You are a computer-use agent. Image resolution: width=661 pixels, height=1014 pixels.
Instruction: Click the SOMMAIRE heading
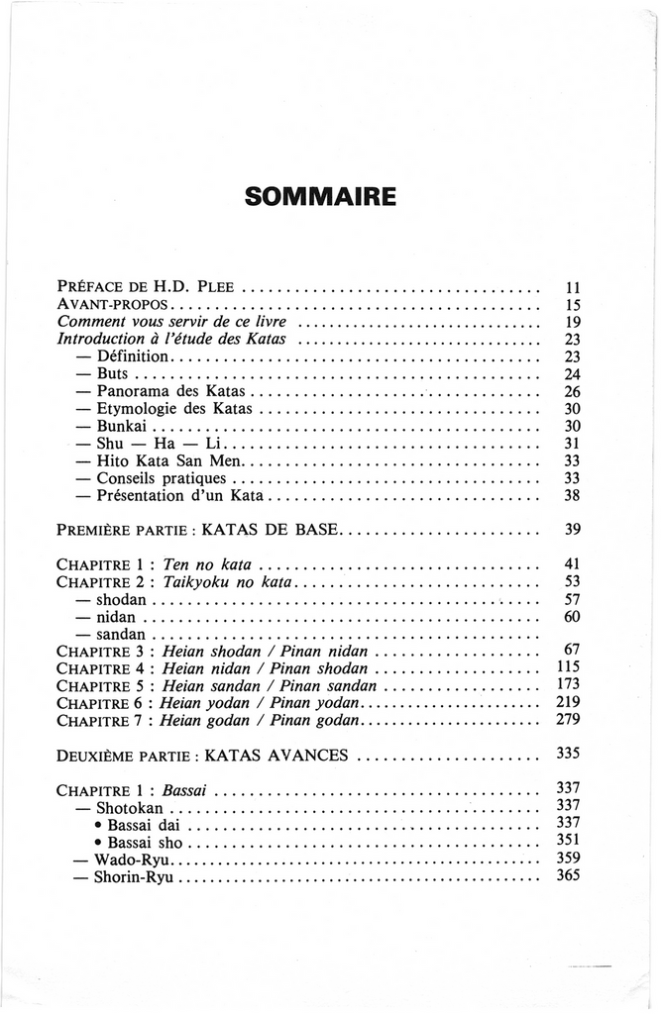point(320,195)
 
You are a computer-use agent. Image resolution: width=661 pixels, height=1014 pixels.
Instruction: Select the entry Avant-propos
point(116,305)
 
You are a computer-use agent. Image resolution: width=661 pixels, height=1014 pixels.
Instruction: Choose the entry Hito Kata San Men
point(168,460)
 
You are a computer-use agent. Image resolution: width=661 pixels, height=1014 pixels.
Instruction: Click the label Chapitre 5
point(102,685)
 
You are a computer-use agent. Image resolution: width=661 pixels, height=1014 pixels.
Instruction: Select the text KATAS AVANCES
point(275,755)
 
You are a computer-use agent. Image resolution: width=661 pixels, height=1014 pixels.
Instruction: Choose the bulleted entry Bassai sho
point(146,842)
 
